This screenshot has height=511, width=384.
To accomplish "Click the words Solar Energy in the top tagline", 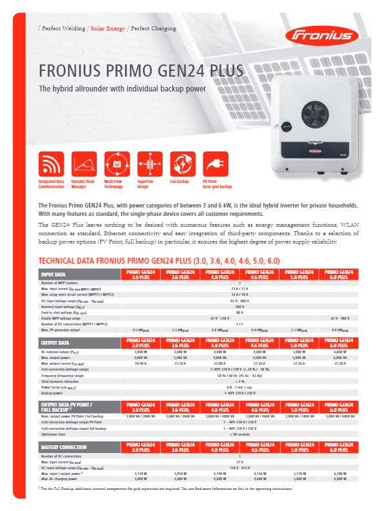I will click(x=108, y=29).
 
